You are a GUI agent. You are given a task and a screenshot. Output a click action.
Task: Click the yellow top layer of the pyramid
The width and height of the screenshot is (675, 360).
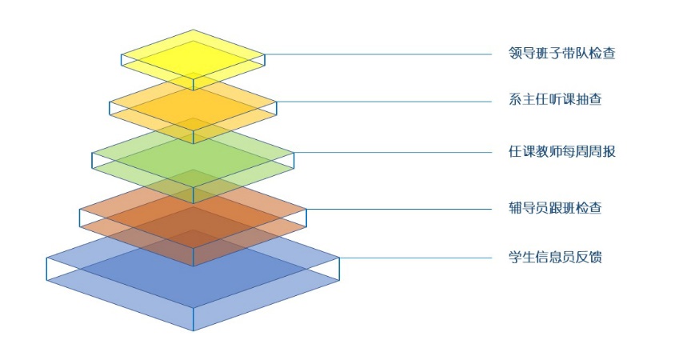(x=193, y=52)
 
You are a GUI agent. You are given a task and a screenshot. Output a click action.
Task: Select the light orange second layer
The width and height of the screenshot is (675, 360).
(x=193, y=102)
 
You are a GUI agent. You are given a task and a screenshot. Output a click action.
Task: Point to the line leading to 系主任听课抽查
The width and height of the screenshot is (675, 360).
(x=384, y=102)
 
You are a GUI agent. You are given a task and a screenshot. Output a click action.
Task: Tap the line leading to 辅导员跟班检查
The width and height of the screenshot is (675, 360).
(x=400, y=209)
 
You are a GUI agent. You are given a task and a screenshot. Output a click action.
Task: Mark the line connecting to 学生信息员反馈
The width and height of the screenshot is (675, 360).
(x=416, y=258)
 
